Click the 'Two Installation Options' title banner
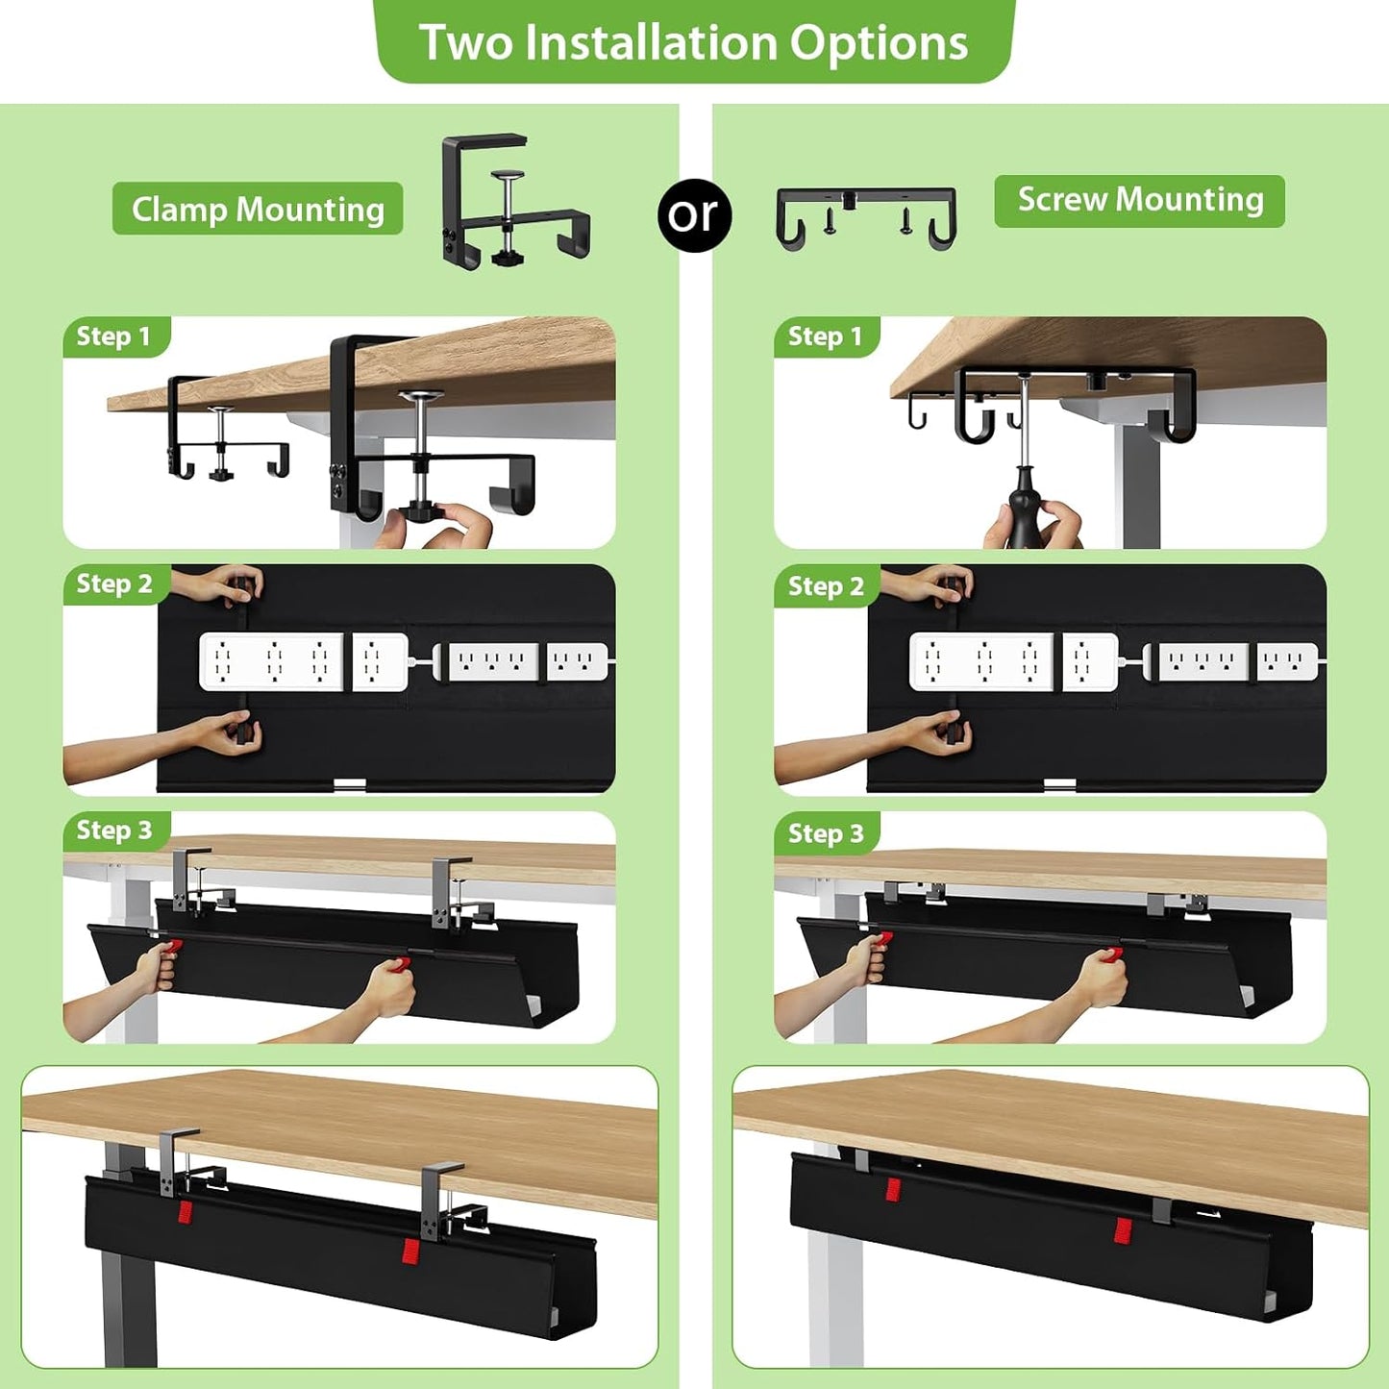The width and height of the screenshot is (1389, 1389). [693, 42]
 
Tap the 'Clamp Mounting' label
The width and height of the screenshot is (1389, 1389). [258, 209]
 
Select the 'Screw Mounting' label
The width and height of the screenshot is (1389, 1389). [1139, 200]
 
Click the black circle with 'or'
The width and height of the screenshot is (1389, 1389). [694, 215]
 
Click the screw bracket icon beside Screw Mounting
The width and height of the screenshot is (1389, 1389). [866, 217]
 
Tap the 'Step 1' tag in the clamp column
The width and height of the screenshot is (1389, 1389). [114, 336]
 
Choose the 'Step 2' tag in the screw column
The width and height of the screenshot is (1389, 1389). [826, 585]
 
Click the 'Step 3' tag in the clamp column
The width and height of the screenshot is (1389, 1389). [114, 831]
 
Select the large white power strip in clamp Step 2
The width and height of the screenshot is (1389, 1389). [271, 661]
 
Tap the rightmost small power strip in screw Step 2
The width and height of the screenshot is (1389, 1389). [1287, 661]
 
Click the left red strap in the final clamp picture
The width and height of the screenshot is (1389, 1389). [185, 1211]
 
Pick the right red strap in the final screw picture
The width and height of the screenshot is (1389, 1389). [1122, 1229]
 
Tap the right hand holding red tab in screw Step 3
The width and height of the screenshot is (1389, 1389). [1102, 979]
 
